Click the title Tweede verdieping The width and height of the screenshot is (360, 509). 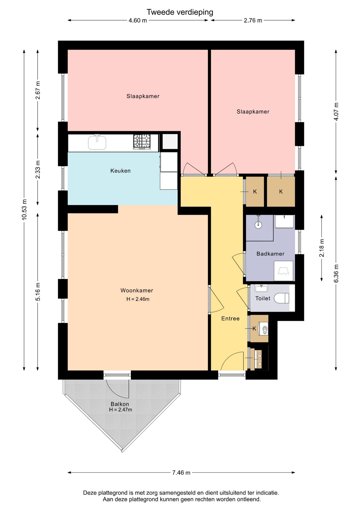point(180,12)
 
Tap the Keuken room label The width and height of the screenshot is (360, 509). point(120,171)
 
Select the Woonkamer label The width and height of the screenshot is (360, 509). point(137,290)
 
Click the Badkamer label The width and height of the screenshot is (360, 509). point(270,254)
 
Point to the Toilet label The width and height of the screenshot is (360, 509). point(263,298)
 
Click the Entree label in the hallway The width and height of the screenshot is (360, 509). point(230,318)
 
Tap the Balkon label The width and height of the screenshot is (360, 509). point(120,404)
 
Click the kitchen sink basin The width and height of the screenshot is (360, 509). point(97,143)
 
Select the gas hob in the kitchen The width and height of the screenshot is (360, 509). point(142,142)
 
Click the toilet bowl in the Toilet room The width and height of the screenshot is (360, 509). point(281,298)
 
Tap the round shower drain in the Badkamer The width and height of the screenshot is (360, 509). point(258,225)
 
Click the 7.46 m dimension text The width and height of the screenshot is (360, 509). point(181,472)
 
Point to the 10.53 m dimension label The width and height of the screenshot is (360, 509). point(24,209)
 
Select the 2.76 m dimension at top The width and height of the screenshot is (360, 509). point(253,20)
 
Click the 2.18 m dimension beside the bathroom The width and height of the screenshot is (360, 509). point(322,248)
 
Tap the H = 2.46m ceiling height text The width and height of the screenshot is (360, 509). point(138,299)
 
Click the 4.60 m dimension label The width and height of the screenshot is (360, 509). point(138,20)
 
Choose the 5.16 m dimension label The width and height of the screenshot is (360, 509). point(38,292)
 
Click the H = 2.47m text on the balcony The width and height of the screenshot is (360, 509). point(120,410)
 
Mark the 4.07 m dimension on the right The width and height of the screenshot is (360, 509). point(336,111)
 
